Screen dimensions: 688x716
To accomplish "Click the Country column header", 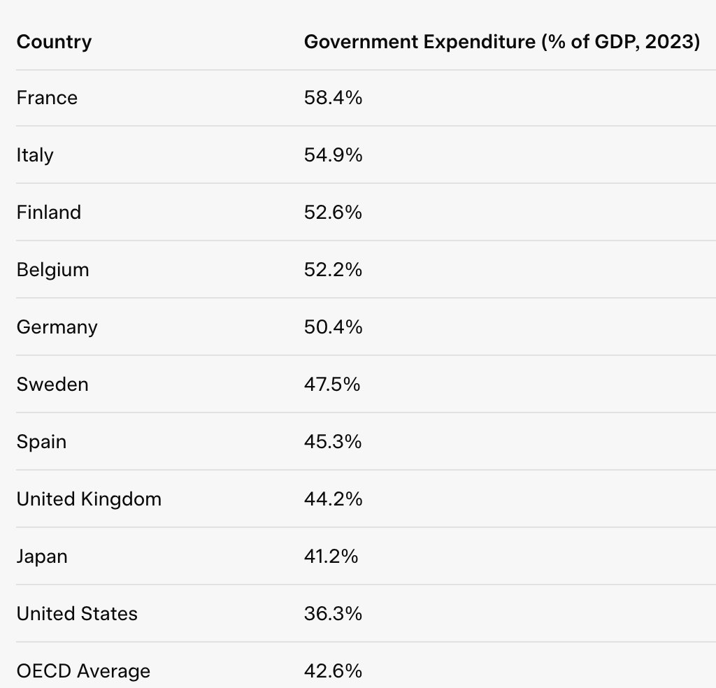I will pos(54,42).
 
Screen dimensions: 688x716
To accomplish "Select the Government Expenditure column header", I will pos(501,42).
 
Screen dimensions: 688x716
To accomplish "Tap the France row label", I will pos(47,98).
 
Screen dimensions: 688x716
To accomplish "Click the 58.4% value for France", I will pos(333,98).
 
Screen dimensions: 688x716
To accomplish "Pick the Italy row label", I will pos(35,155).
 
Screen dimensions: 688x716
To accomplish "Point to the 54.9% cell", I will pos(333,155).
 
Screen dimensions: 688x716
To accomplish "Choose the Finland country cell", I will pos(49,213).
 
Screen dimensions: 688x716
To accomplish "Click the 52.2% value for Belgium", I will pos(333,270).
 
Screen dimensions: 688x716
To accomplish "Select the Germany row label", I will pos(57,327).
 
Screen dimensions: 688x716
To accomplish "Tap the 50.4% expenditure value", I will pos(333,327).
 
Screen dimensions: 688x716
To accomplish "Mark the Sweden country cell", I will pos(52,385).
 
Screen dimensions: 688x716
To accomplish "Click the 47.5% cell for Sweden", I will pos(331,385).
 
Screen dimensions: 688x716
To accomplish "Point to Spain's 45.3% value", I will pos(333,442).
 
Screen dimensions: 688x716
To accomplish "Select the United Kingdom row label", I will pos(89,499).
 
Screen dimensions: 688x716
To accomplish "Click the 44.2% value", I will pos(333,499).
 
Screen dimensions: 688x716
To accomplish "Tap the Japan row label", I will pos(42,557).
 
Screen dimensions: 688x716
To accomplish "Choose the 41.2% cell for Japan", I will pos(331,557).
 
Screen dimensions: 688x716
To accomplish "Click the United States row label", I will pos(77,614).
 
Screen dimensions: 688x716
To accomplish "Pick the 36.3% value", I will pos(333,614).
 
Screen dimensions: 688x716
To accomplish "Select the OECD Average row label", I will pos(83,671).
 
